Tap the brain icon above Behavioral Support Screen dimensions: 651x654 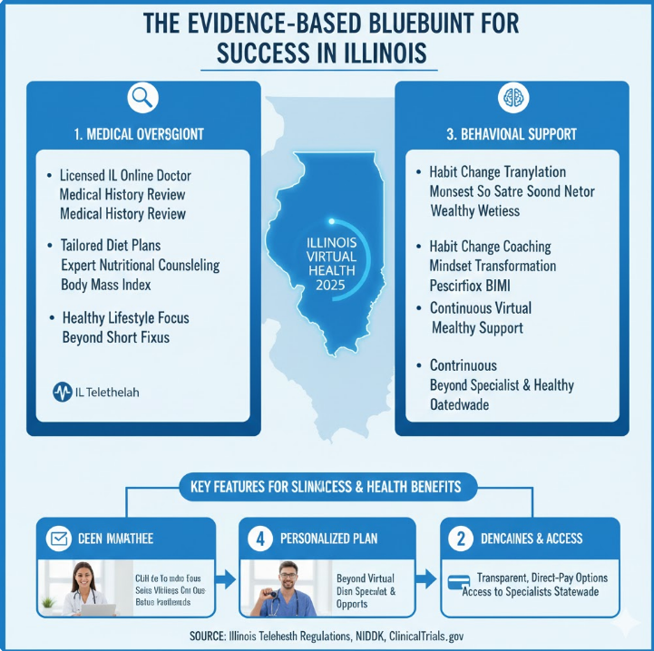point(510,99)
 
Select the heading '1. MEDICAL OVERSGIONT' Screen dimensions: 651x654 point(140,134)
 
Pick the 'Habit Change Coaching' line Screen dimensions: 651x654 point(490,247)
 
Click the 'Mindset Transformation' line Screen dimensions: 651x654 point(493,266)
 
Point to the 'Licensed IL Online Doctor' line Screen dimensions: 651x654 point(126,175)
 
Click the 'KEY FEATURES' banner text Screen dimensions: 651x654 point(326,487)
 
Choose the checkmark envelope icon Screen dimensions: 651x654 point(59,539)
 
